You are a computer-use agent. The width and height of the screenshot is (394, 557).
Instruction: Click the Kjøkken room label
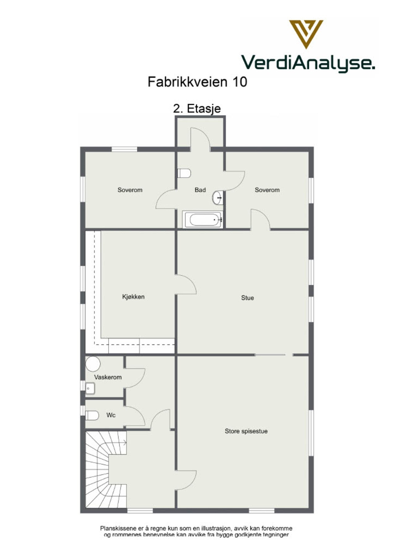tap(133, 297)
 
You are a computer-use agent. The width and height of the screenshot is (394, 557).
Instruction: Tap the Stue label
tap(247, 298)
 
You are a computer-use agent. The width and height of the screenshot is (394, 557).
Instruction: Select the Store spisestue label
tap(246, 431)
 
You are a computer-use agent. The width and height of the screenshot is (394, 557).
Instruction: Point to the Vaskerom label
tap(108, 377)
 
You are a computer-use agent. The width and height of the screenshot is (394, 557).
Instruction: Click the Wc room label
tap(111, 415)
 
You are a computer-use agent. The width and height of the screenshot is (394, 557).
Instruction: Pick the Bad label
tap(200, 190)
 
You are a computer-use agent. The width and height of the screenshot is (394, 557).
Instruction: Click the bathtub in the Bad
tap(203, 220)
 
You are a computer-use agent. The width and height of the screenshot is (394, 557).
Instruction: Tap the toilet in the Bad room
tap(184, 173)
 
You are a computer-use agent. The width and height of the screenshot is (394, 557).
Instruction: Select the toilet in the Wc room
tap(92, 415)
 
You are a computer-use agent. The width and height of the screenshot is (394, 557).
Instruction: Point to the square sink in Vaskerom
tap(90, 388)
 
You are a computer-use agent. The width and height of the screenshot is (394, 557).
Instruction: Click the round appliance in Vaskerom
tap(93, 364)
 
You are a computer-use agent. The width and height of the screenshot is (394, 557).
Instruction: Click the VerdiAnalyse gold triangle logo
tap(306, 33)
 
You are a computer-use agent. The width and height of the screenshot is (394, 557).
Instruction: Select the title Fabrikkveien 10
tap(197, 82)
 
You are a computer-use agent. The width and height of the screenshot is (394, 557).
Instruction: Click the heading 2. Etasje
tap(197, 109)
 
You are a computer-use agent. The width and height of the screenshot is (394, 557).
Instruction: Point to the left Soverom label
tap(130, 190)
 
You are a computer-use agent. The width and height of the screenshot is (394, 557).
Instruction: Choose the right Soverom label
tap(267, 190)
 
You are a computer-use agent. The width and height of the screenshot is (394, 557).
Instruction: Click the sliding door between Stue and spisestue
tap(270, 355)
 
